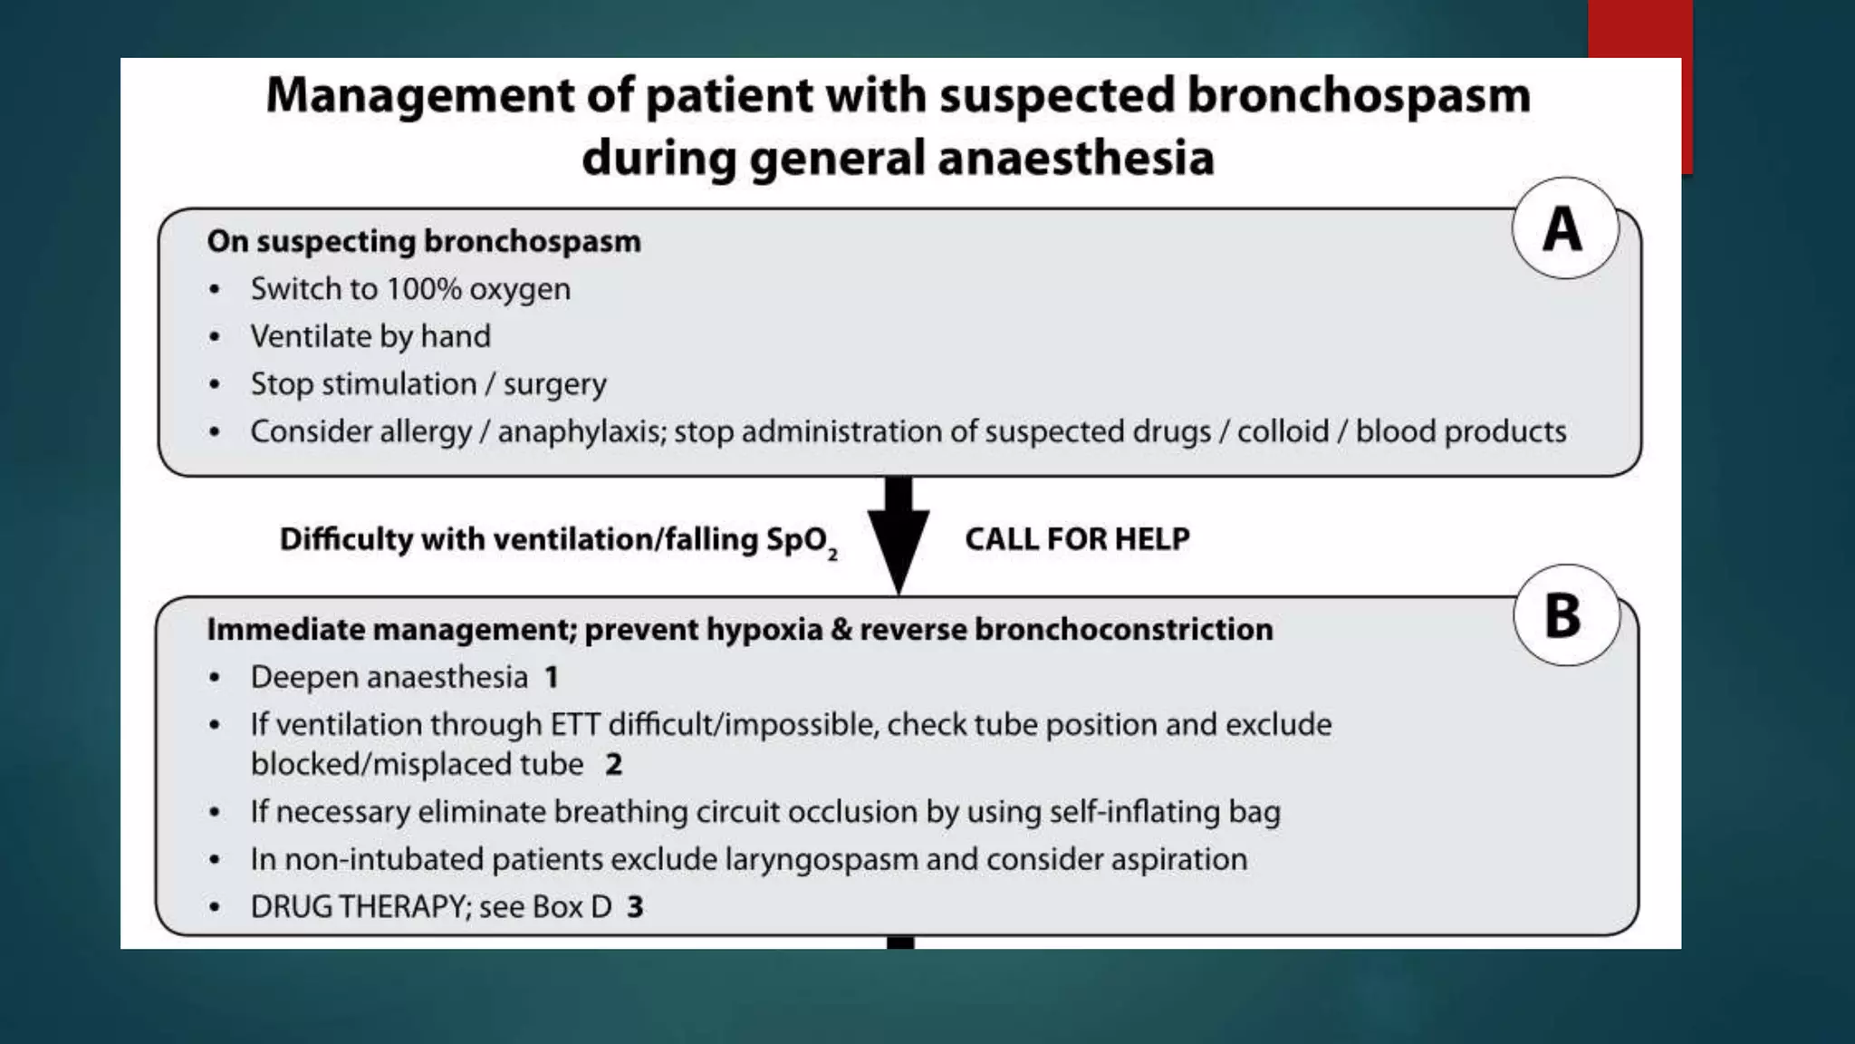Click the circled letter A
click(x=1563, y=228)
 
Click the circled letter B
click(x=1564, y=616)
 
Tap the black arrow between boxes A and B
click(x=899, y=535)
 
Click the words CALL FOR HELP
click(x=1077, y=539)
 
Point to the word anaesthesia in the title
click(x=1075, y=158)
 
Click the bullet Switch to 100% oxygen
click(x=410, y=289)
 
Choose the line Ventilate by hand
click(x=370, y=337)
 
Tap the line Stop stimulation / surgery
click(x=428, y=384)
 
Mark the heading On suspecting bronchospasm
click(x=424, y=241)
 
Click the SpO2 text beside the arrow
click(x=801, y=541)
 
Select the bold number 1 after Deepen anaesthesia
click(x=551, y=677)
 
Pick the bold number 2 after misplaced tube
click(x=613, y=764)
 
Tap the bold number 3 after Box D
click(x=635, y=906)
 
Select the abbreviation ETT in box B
click(x=575, y=725)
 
